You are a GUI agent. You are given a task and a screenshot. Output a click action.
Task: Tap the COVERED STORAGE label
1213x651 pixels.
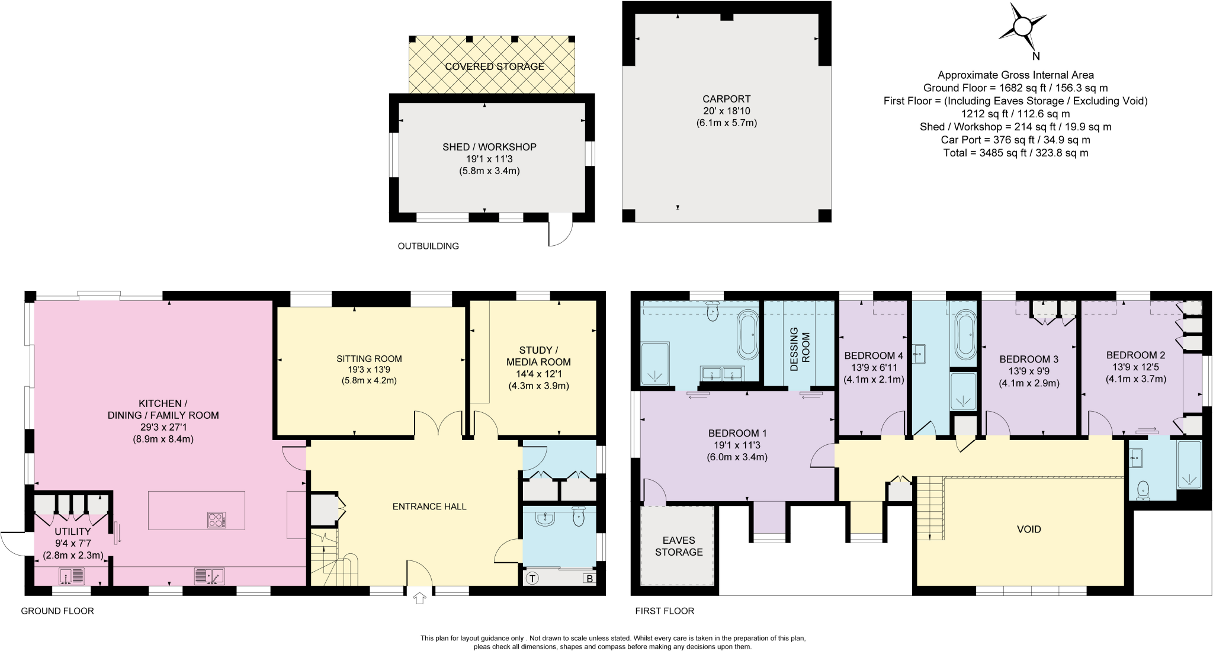click(x=494, y=66)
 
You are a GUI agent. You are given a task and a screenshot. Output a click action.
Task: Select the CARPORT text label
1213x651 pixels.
click(x=726, y=99)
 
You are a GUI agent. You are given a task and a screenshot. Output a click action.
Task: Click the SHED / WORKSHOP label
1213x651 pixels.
click(x=489, y=147)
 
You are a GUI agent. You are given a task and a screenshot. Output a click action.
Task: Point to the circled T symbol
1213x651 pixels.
click(x=532, y=578)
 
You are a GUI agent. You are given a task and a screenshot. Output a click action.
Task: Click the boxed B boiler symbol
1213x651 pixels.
click(x=589, y=578)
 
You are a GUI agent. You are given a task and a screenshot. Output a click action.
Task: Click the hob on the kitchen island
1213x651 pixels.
click(x=217, y=519)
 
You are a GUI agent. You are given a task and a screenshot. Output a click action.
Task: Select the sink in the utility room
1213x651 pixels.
click(x=72, y=575)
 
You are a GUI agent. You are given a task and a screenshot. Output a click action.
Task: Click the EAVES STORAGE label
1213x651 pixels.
click(x=678, y=546)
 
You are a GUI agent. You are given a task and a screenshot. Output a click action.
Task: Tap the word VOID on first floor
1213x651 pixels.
click(x=1028, y=530)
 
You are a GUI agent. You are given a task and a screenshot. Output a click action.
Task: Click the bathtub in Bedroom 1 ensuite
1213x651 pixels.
click(x=747, y=335)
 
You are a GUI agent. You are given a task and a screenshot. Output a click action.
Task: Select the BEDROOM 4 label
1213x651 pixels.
click(x=873, y=355)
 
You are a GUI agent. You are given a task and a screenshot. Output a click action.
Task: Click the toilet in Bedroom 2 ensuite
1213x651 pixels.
click(x=1143, y=489)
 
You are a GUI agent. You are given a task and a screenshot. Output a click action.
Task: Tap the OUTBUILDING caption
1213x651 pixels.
click(x=428, y=246)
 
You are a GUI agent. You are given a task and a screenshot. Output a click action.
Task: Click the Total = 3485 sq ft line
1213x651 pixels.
click(x=1015, y=153)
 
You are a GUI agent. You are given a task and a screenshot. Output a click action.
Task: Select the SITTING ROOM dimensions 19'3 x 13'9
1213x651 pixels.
click(x=368, y=370)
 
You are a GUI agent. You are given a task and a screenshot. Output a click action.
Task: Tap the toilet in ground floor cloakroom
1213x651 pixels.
click(x=579, y=518)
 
